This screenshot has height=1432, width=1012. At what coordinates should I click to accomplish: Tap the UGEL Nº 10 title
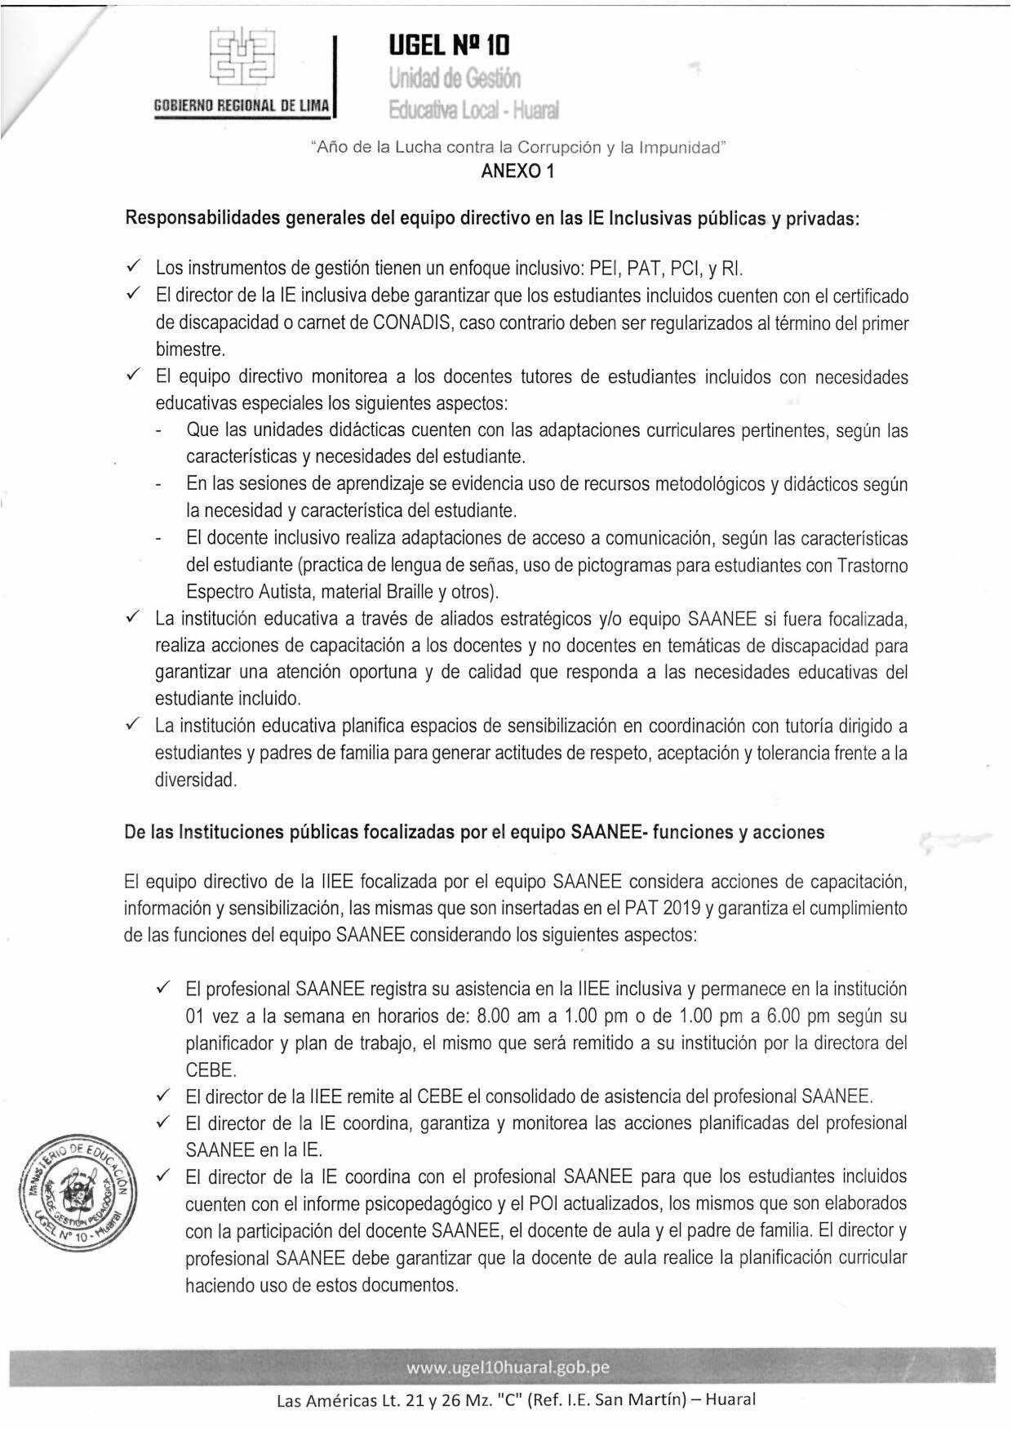tap(449, 46)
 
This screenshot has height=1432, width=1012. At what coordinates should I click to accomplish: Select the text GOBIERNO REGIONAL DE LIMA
tap(242, 106)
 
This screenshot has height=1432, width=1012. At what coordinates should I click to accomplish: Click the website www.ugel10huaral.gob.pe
tap(508, 1368)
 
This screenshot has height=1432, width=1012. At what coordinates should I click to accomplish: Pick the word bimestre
tap(189, 349)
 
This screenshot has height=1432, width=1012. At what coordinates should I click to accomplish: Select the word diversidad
tap(196, 780)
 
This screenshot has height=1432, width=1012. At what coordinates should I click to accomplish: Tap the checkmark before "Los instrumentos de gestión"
tap(135, 267)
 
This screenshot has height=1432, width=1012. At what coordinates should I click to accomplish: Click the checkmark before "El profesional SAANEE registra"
tap(163, 989)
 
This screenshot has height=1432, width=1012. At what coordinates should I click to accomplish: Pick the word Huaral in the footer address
tap(730, 1399)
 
